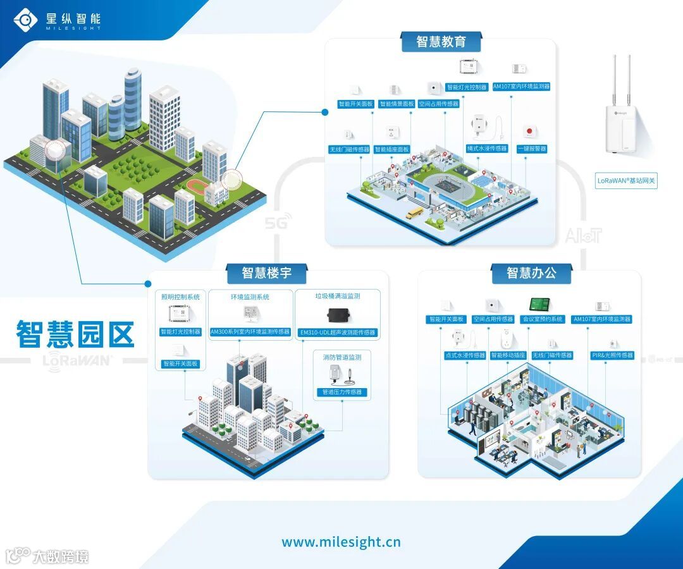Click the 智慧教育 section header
[441, 42]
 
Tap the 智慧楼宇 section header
[266, 273]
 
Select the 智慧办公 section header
[531, 273]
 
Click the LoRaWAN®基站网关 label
[626, 181]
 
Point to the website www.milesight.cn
[341, 542]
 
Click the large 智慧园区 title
[75, 334]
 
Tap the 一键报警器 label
[532, 149]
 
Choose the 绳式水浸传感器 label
[487, 149]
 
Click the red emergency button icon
[529, 132]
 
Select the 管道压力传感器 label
[341, 392]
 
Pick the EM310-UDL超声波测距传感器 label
[337, 332]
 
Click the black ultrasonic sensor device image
[338, 315]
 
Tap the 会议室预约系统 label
[542, 319]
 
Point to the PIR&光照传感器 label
[612, 355]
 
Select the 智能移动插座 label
[508, 355]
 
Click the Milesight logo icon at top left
[26, 20]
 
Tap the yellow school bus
[415, 214]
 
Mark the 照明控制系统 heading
[180, 296]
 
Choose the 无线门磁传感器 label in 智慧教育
[348, 149]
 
